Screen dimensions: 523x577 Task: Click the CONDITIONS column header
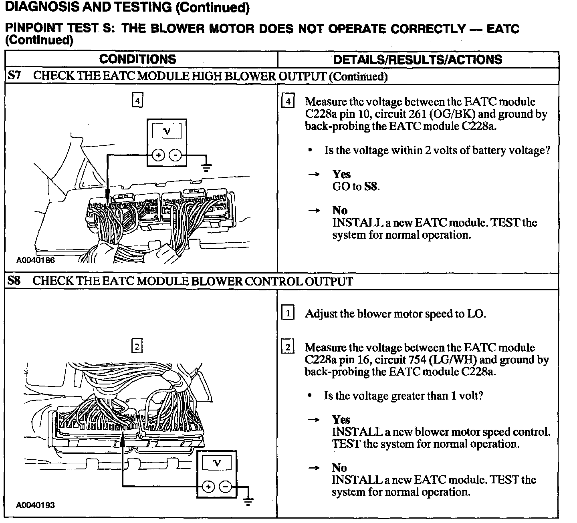coord(137,59)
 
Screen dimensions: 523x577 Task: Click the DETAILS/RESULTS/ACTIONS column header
coord(418,60)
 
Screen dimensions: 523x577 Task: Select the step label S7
coord(14,76)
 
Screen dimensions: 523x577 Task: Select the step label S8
coord(14,281)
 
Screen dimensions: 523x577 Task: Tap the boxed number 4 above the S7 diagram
coord(137,101)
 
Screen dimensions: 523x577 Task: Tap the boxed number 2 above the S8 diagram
coord(137,346)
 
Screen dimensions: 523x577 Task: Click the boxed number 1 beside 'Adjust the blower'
coord(288,313)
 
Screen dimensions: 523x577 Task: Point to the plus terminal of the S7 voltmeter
coord(159,155)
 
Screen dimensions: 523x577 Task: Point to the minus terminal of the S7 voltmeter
coord(175,155)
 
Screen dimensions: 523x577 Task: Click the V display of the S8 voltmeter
coord(217,463)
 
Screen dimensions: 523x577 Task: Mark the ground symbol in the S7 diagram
coord(206,167)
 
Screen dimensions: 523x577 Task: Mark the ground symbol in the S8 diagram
coord(248,501)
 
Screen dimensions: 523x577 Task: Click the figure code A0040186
coord(35,260)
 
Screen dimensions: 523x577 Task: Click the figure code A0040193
coord(35,505)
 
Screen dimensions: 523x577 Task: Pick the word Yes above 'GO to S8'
coord(341,174)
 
